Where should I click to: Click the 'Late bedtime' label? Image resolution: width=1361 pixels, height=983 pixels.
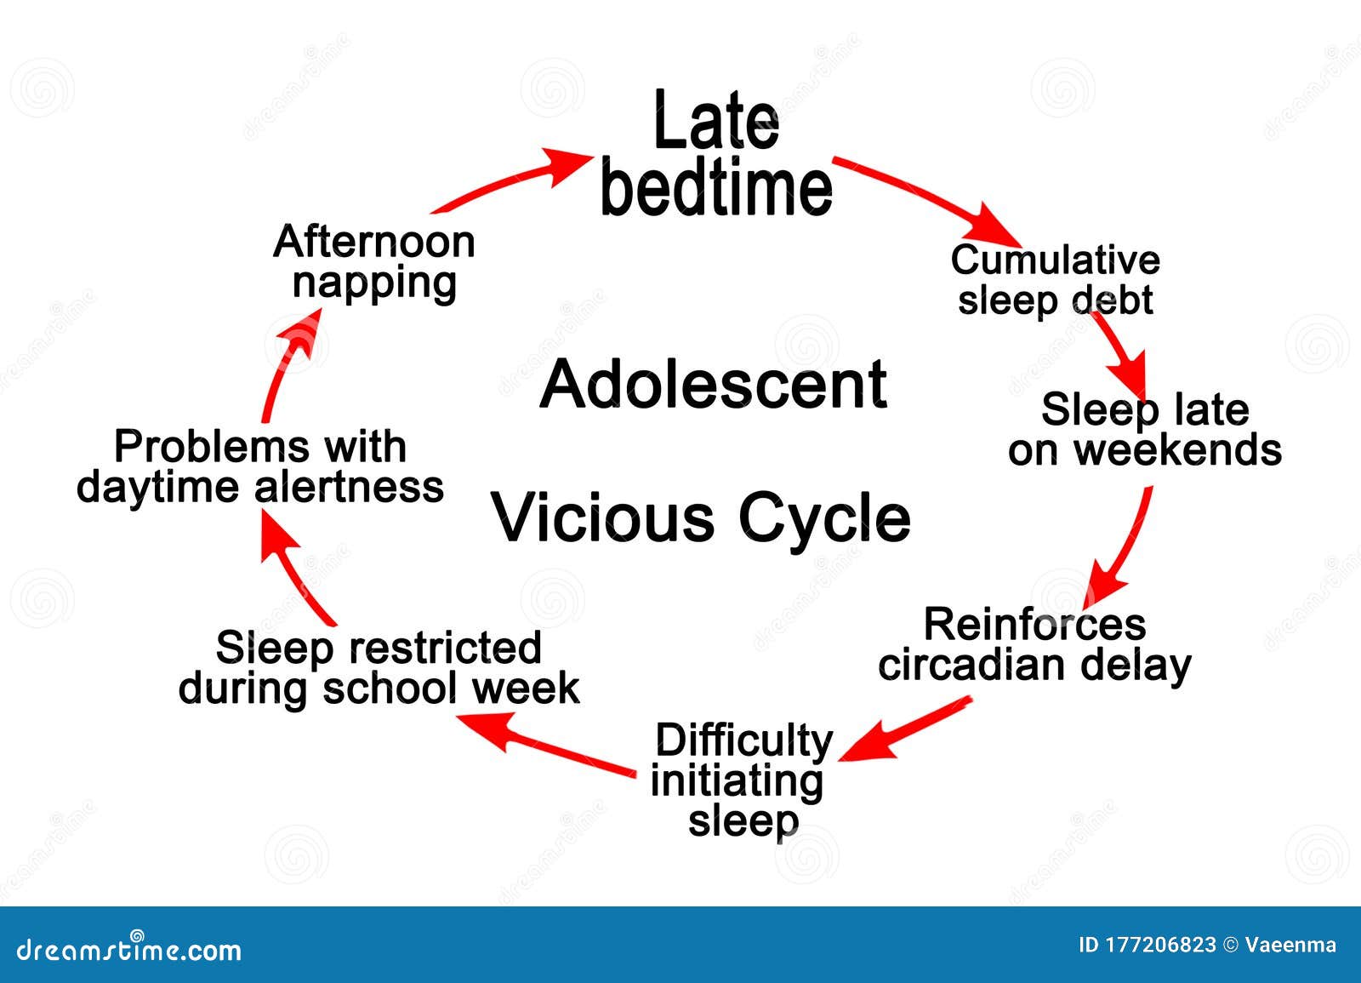(x=716, y=155)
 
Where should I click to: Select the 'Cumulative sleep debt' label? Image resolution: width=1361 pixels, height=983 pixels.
(x=1055, y=280)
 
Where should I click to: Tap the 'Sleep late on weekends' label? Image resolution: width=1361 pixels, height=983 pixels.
(x=1145, y=430)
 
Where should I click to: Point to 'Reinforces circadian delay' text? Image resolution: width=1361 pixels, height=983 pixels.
(x=1034, y=644)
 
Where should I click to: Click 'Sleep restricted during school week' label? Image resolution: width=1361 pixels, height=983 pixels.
(x=379, y=668)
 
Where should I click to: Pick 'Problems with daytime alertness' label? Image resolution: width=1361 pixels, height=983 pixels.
(x=260, y=466)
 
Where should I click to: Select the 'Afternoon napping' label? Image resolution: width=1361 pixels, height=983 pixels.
(x=373, y=262)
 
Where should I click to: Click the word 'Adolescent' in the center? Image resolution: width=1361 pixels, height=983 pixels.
(x=714, y=384)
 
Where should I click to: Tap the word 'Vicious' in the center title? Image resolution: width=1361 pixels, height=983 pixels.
(x=603, y=517)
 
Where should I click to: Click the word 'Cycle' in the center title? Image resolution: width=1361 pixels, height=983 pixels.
(x=824, y=517)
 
